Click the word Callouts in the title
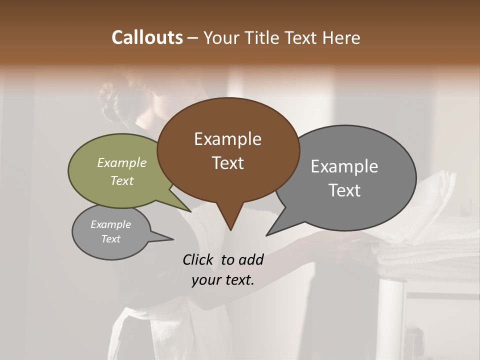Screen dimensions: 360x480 (x=147, y=37)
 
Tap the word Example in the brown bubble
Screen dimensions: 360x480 (x=227, y=139)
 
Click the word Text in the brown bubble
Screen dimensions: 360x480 (x=227, y=163)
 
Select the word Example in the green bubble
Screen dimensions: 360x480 (x=122, y=163)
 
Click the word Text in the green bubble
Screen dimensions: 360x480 (x=122, y=180)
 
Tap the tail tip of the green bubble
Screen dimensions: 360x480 (x=190, y=211)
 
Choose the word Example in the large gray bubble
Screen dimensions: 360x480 (x=344, y=166)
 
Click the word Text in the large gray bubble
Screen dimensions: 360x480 (x=344, y=190)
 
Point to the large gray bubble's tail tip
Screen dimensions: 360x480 (x=267, y=235)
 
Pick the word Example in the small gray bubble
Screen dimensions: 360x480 (x=110, y=224)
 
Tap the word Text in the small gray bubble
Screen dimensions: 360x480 (x=110, y=239)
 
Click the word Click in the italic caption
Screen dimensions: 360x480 (x=199, y=259)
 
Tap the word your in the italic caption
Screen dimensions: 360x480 (x=205, y=280)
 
